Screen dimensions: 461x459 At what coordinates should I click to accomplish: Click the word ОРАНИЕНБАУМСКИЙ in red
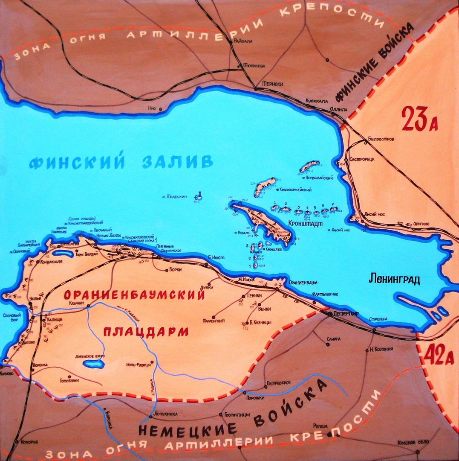click(x=134, y=296)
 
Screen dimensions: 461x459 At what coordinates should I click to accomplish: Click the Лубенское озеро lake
click(x=93, y=364)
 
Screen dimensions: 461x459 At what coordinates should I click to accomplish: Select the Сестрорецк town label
click(x=362, y=159)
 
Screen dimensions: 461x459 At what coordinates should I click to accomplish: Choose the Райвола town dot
click(x=231, y=42)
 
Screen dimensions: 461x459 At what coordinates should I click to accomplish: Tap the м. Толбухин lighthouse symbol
click(x=197, y=197)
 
